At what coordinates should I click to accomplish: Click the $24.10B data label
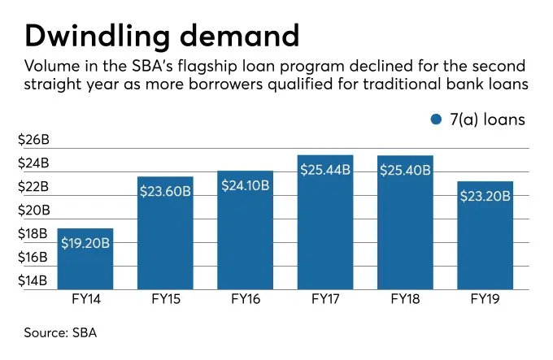pyautogui.click(x=246, y=186)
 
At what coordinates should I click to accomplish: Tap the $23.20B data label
pyautogui.click(x=485, y=196)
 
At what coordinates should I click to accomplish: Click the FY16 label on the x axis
pyautogui.click(x=246, y=299)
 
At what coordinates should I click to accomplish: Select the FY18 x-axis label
pyautogui.click(x=405, y=299)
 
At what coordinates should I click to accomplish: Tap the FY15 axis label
pyautogui.click(x=165, y=299)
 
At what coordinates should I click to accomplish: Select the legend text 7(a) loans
pyautogui.click(x=488, y=119)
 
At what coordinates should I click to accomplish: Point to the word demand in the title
pyautogui.click(x=240, y=36)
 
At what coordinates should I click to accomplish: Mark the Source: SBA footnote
pyautogui.click(x=61, y=332)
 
